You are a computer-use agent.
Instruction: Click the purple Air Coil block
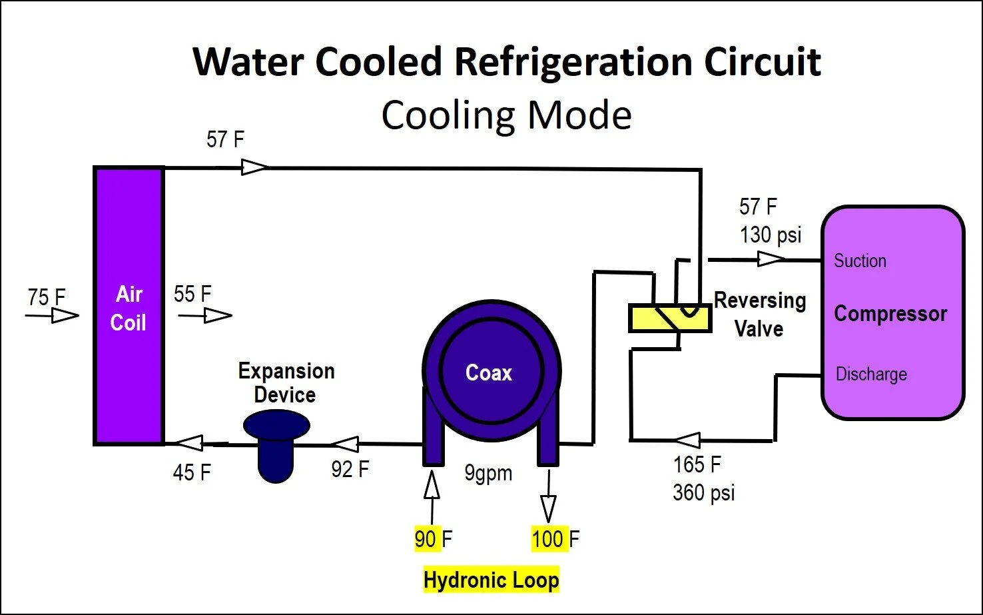[129, 307]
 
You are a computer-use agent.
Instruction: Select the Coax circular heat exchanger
[491, 372]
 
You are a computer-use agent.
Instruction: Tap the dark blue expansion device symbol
[276, 443]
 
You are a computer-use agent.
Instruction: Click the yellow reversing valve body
[669, 318]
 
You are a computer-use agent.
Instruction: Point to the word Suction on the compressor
[860, 261]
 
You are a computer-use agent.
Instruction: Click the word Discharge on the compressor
[871, 374]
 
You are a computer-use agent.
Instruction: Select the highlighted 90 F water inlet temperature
[433, 538]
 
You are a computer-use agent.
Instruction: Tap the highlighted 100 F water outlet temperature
[555, 538]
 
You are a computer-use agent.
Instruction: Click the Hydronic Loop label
[491, 580]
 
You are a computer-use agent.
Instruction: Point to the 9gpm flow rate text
[488, 473]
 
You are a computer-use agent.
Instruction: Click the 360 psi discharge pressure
[703, 492]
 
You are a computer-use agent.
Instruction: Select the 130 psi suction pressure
[771, 235]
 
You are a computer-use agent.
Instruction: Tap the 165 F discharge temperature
[697, 464]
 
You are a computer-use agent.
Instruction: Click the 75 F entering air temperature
[47, 297]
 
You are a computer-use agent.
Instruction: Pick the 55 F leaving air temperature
[192, 294]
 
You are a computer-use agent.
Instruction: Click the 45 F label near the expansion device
[192, 472]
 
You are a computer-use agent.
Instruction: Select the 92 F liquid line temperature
[350, 469]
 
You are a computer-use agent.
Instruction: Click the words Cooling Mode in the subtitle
[506, 115]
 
